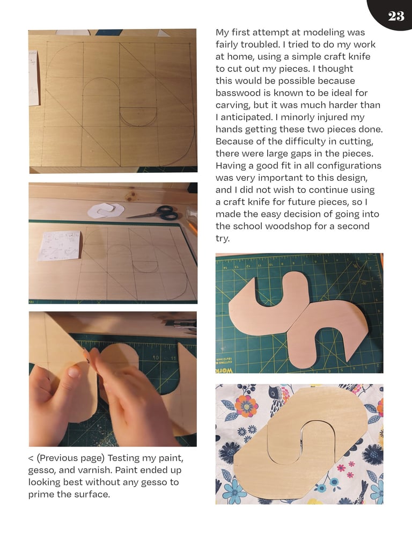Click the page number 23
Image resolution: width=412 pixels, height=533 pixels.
(396, 16)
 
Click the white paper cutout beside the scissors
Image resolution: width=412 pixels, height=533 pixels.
(106, 210)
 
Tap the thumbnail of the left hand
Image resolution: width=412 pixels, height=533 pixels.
(74, 371)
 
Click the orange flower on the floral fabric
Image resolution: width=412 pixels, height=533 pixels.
(246, 406)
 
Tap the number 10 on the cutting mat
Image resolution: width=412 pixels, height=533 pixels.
(156, 358)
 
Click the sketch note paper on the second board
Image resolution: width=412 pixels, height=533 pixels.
(59, 245)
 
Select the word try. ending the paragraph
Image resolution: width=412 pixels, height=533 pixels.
(223, 238)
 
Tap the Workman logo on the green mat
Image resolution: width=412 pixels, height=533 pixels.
(224, 370)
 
